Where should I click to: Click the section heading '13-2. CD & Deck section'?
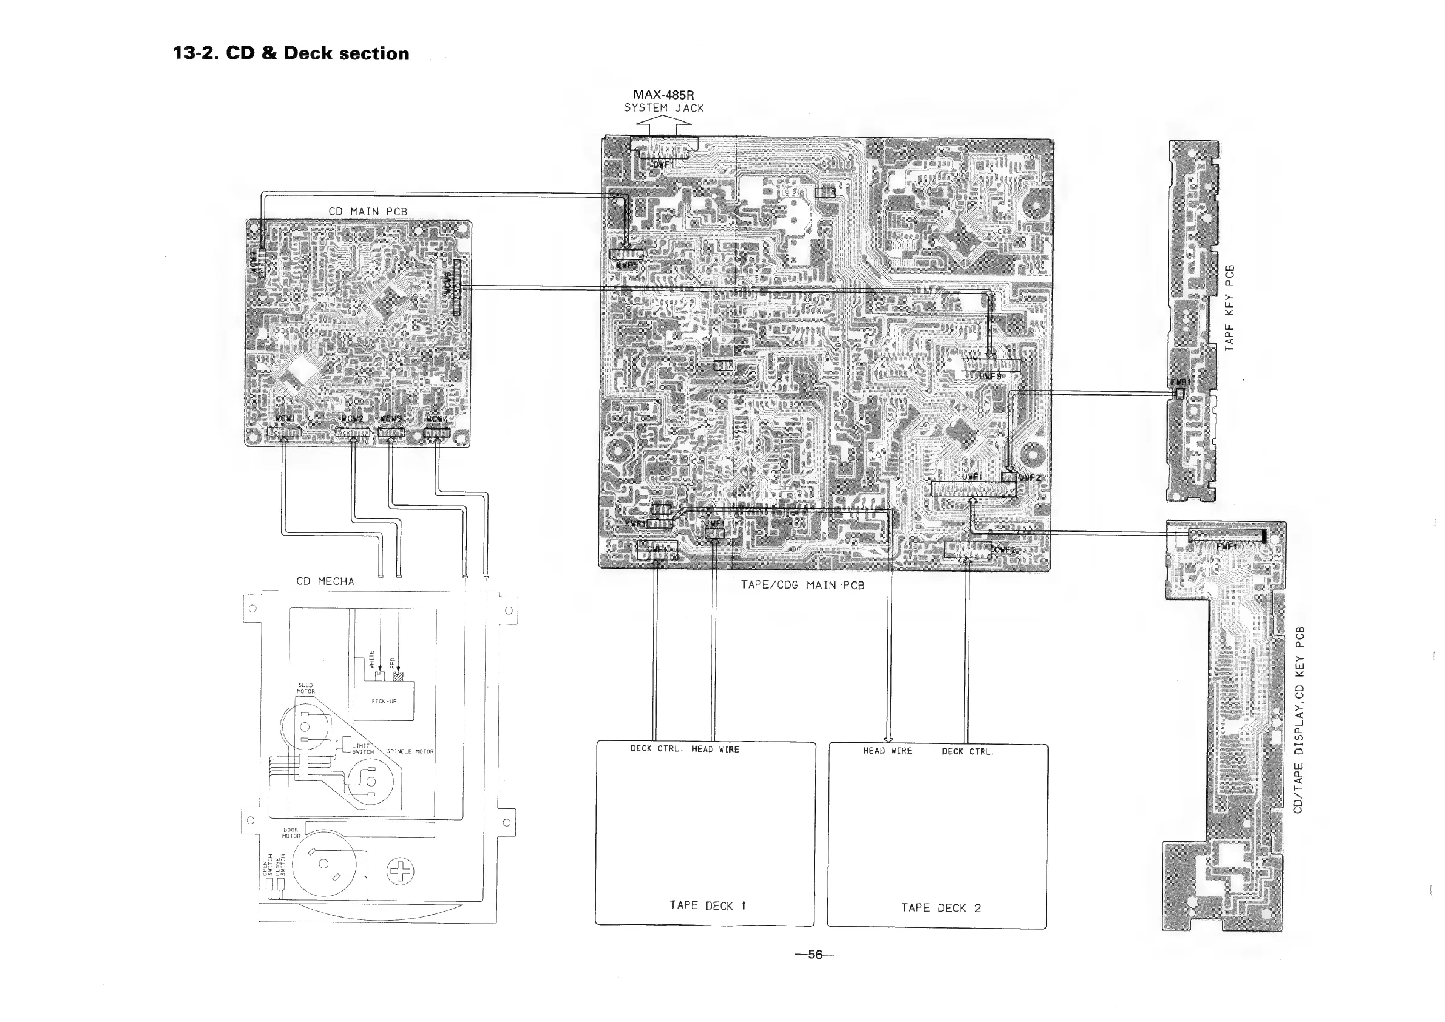(291, 53)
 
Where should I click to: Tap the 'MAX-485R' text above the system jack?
(663, 95)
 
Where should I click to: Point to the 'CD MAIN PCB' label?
(368, 211)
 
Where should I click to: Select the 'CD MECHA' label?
(325, 581)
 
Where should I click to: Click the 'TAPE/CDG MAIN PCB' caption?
(802, 585)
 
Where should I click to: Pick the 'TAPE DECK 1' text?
(708, 905)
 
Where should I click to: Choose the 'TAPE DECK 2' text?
(940, 908)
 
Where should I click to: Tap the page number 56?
(815, 955)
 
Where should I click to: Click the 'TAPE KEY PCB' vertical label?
(1229, 308)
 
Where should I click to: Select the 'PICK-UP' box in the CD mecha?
(384, 701)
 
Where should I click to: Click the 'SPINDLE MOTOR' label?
(410, 751)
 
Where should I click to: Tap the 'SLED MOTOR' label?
(306, 688)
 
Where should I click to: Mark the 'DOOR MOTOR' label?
(291, 833)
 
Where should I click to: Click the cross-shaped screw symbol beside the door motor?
(401, 871)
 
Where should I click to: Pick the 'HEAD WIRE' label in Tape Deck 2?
(887, 751)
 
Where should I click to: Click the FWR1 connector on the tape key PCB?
(1180, 393)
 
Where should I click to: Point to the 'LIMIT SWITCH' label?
(362, 749)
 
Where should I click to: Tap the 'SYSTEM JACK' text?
(664, 108)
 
